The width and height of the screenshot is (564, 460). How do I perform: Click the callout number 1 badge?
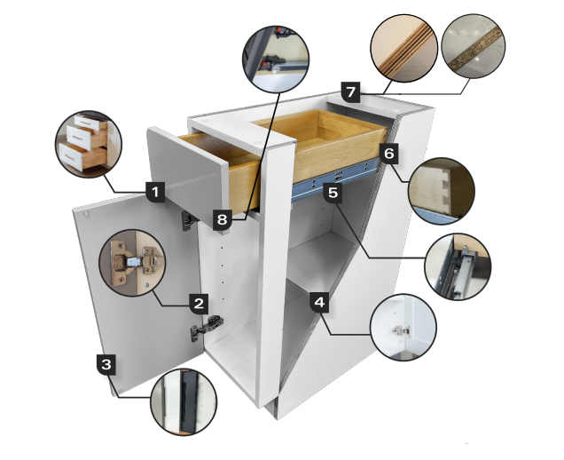(154, 191)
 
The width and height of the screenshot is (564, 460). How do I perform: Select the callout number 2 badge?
(200, 302)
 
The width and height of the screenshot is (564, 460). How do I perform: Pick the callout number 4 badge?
(320, 302)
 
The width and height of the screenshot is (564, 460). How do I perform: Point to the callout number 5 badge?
(333, 192)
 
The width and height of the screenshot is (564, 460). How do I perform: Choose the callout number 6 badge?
(388, 152)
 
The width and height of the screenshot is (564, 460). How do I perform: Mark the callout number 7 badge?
(350, 91)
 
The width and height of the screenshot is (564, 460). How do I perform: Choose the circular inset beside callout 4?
(403, 329)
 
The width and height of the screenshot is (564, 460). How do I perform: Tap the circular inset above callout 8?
(278, 59)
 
